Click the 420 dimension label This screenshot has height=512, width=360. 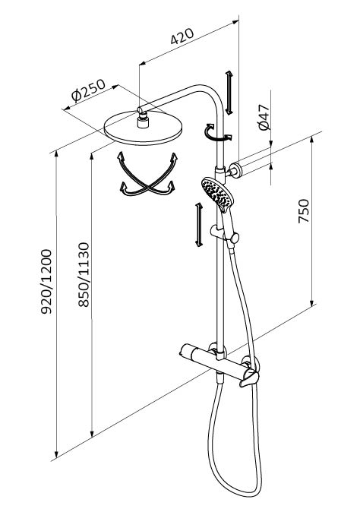pyautogui.click(x=182, y=36)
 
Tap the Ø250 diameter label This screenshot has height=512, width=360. pyautogui.click(x=88, y=90)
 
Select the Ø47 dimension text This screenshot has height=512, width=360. pyautogui.click(x=264, y=118)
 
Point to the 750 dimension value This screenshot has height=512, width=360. pyautogui.click(x=304, y=210)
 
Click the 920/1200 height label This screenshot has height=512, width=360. pyautogui.click(x=46, y=282)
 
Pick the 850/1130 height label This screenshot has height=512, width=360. pyautogui.click(x=84, y=275)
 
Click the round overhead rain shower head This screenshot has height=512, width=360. pyautogui.click(x=143, y=128)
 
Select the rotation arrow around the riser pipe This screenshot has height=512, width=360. pyautogui.click(x=218, y=133)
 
